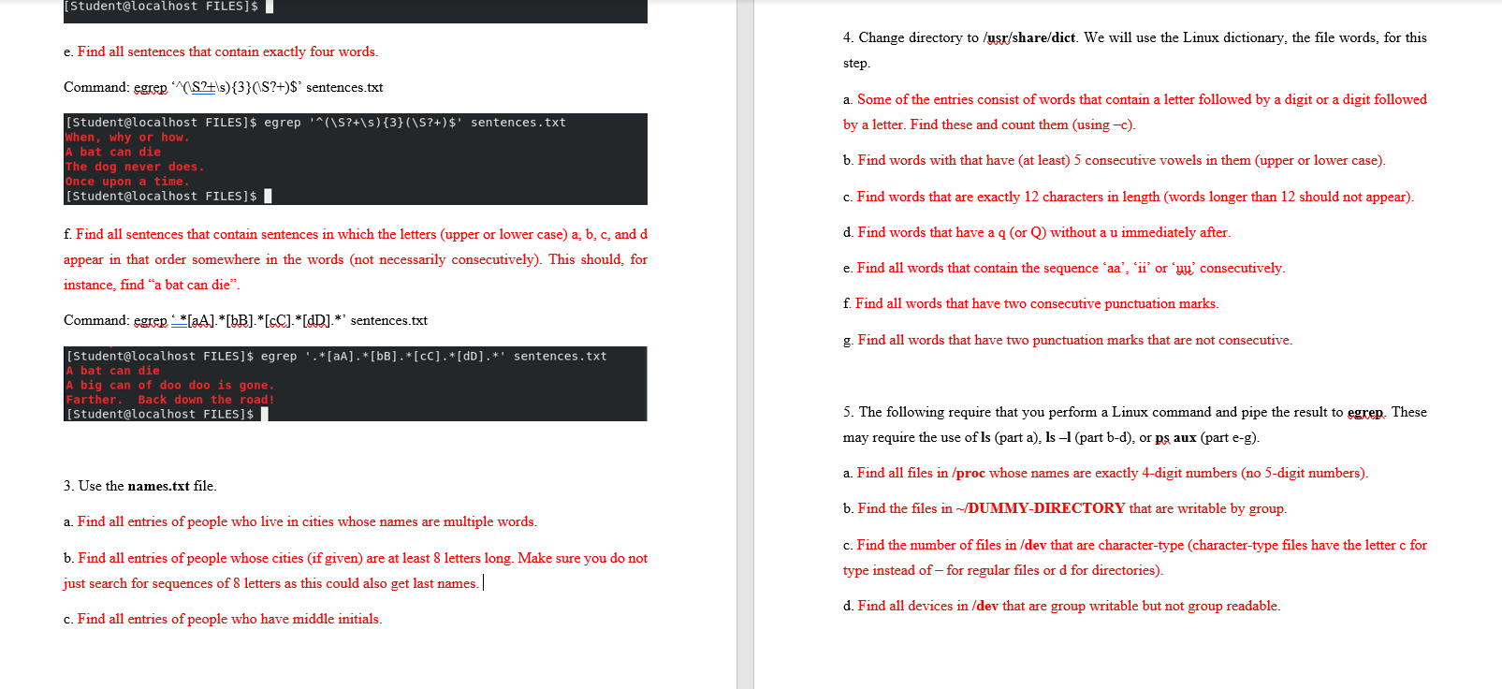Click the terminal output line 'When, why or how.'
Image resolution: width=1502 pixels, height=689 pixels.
point(127,138)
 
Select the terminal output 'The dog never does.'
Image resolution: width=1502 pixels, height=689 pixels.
point(135,167)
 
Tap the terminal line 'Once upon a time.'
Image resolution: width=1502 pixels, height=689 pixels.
point(127,182)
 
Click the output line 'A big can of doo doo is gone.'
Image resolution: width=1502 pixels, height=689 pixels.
point(170,385)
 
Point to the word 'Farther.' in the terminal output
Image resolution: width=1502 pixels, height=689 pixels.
point(94,400)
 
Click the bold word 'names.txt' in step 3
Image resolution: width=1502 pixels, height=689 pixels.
point(158,486)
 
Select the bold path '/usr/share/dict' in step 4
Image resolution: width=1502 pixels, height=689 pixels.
point(1029,38)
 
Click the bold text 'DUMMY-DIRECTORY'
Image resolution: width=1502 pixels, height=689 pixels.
point(1046,508)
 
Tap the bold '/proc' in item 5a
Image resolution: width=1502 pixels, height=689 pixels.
point(969,474)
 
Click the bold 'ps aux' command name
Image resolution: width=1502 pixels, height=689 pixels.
point(1175,438)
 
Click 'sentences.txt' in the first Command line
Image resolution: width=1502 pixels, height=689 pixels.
point(344,88)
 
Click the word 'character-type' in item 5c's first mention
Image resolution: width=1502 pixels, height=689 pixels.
point(1140,545)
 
